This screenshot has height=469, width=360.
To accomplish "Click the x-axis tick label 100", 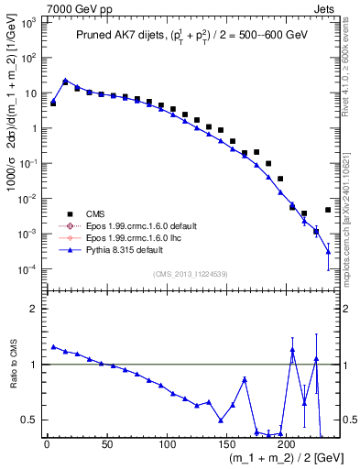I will [x=166, y=446].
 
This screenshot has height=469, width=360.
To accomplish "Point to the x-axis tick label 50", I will [x=106, y=446].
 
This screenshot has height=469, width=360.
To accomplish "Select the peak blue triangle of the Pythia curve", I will [x=65, y=81].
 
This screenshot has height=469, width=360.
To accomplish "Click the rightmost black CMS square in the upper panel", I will [x=328, y=210].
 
